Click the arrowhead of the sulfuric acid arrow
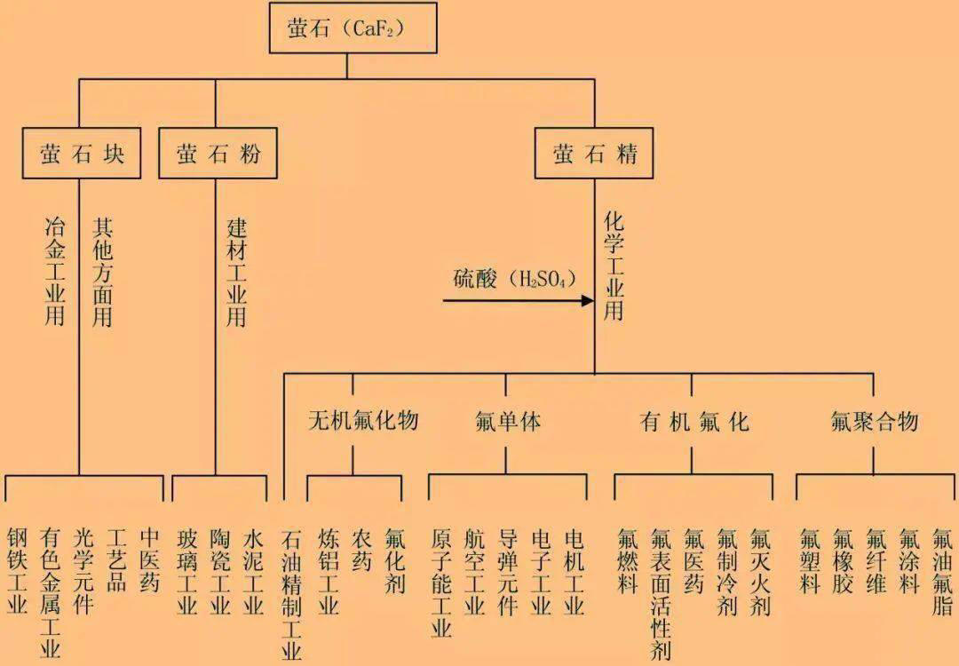(588, 300)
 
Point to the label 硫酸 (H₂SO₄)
(515, 279)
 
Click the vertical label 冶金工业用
(55, 272)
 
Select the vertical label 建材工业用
(237, 272)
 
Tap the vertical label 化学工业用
(614, 266)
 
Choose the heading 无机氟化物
(363, 421)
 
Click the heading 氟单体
(508, 422)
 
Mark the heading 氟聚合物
(875, 422)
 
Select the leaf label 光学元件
(83, 571)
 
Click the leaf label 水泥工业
(252, 571)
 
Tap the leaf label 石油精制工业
(291, 594)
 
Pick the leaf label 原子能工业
(441, 583)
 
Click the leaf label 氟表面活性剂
(662, 594)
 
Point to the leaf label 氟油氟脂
(942, 571)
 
